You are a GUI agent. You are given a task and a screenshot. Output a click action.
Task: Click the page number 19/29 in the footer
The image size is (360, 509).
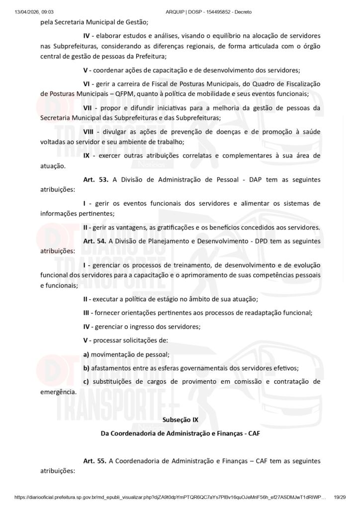click(x=339, y=497)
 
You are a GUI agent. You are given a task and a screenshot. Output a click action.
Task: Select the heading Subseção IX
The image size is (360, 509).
click(x=180, y=420)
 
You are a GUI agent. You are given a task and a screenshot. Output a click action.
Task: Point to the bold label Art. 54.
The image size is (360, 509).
click(x=94, y=241)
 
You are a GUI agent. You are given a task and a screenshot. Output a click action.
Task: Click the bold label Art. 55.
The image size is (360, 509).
click(x=94, y=461)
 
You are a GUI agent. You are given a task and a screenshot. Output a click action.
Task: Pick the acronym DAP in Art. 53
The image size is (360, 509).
click(x=257, y=179)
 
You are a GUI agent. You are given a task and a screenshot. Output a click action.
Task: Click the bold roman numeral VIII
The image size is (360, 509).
click(x=89, y=131)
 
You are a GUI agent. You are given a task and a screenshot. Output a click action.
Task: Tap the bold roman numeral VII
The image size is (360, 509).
click(x=88, y=107)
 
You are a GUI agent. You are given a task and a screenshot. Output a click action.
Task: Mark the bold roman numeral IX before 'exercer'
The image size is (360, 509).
click(x=87, y=156)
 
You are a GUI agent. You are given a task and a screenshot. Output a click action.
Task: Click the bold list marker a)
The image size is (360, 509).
click(x=87, y=354)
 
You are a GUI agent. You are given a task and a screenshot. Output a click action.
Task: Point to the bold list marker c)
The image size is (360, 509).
click(x=87, y=382)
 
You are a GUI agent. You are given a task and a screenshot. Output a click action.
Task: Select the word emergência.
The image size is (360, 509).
click(x=58, y=392)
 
